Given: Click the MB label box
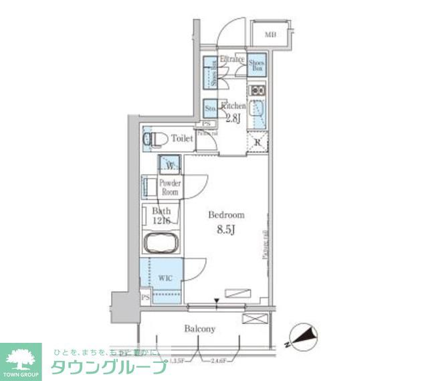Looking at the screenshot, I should [x=271, y=34].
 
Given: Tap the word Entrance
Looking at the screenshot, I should [x=231, y=60].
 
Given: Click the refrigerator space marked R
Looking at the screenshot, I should [x=257, y=141].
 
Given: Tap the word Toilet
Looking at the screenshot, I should [x=182, y=139].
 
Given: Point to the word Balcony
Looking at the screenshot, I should [x=200, y=329].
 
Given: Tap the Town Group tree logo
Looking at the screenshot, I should [x=20, y=358].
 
